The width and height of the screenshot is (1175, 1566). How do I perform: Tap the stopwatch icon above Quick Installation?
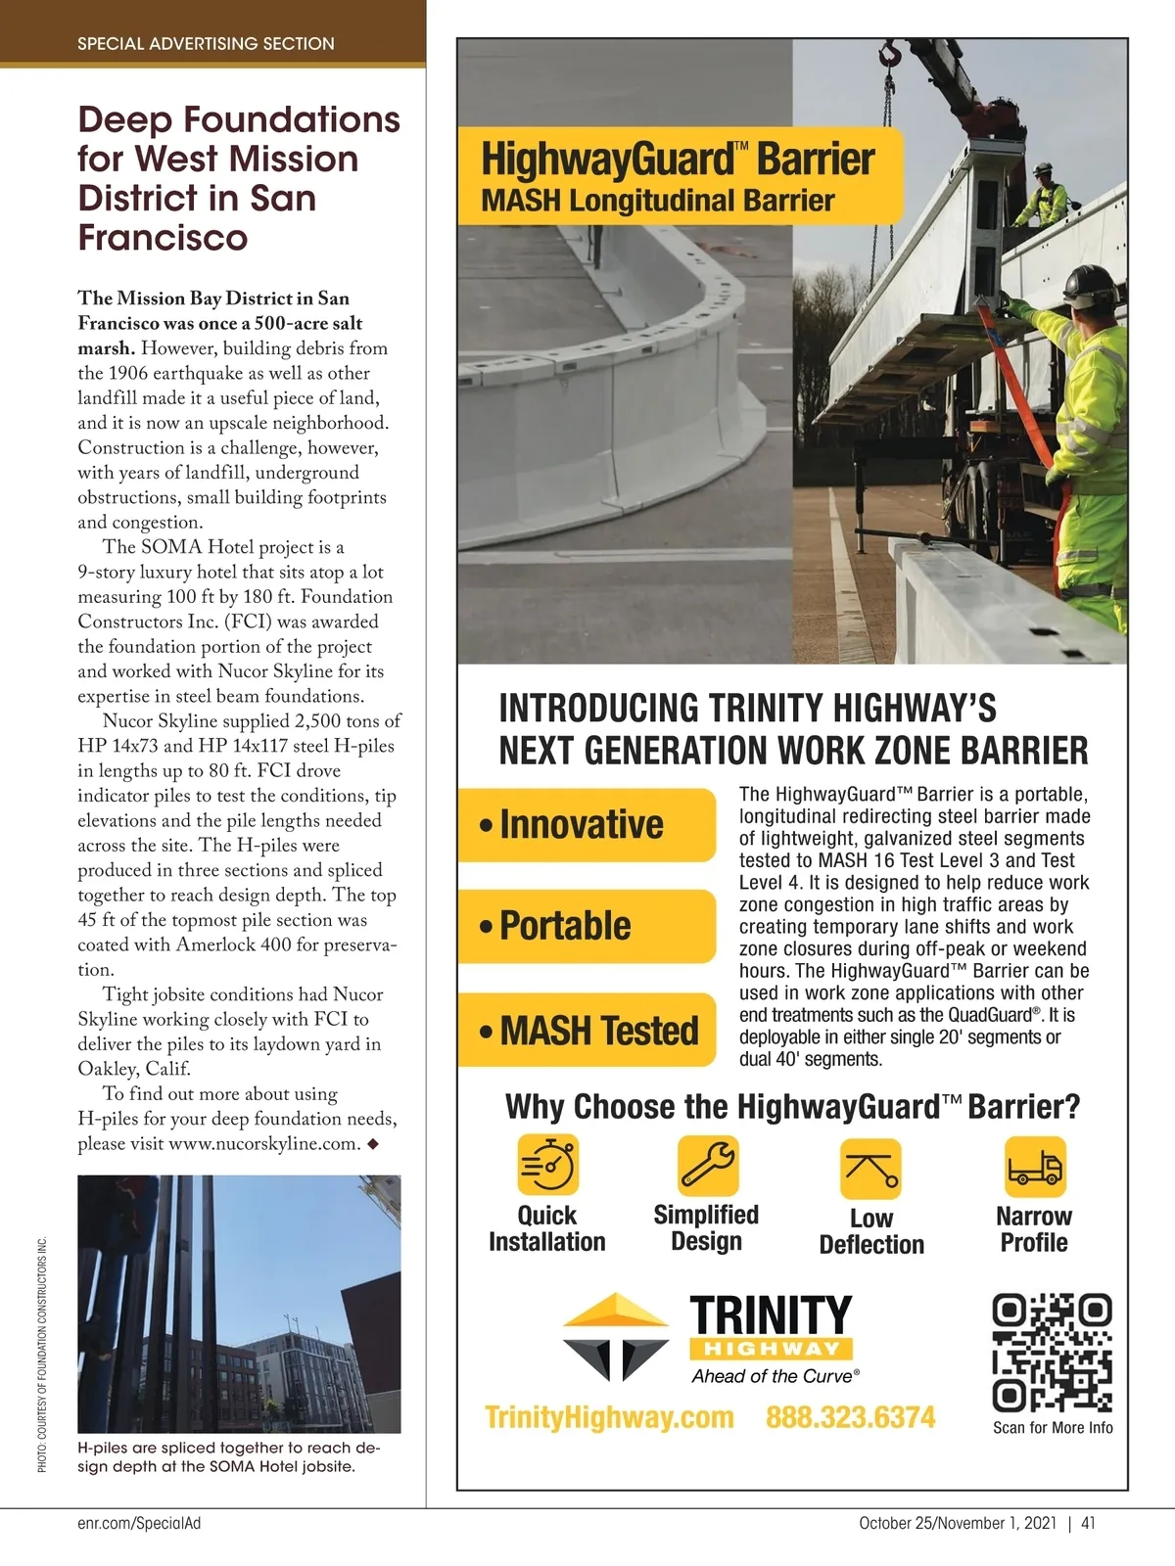point(547,1166)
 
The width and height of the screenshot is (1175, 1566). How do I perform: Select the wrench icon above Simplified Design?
point(708,1166)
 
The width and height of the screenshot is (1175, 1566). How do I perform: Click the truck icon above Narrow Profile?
point(1035,1167)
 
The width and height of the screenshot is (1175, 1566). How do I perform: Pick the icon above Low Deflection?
point(870,1169)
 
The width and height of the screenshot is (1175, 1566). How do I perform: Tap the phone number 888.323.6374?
point(850,1417)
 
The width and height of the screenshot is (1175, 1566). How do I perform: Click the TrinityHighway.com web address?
point(609,1417)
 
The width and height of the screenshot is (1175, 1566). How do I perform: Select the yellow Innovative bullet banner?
point(587,824)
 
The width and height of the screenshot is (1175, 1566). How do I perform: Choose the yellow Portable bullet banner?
point(587,926)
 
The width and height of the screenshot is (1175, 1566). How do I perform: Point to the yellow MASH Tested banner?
point(587,1030)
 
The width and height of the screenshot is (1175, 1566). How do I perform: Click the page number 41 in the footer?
point(1089,1523)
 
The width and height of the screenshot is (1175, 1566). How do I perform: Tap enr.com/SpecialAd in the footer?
point(139,1523)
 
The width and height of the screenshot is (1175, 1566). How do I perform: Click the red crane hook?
point(890,54)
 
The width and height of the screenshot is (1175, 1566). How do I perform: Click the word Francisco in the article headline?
point(163,238)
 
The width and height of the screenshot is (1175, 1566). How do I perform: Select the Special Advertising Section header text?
point(206,44)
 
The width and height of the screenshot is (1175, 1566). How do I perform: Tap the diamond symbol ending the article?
point(372,1143)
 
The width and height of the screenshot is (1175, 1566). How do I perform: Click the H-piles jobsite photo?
point(239,1304)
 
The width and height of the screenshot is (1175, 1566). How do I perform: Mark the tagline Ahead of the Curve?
point(775,1376)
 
